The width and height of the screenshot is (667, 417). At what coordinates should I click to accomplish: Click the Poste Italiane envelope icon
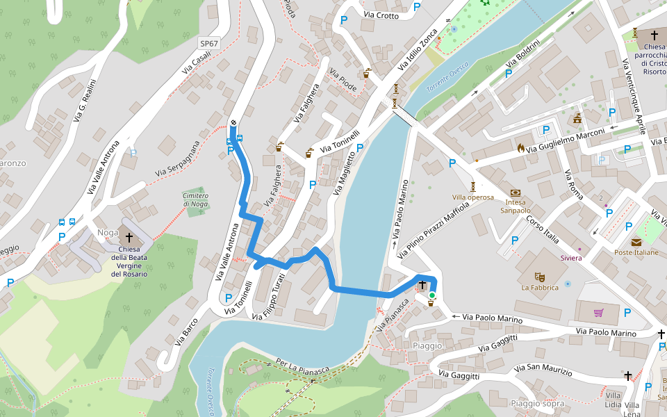(x=636, y=242)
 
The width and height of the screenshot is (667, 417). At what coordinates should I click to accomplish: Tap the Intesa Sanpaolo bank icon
(x=515, y=193)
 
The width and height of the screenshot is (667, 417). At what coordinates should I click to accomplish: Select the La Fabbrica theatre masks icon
(x=540, y=277)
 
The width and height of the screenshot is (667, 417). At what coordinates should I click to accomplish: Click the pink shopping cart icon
(x=598, y=312)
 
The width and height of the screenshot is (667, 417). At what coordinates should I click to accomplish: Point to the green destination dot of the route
(x=431, y=296)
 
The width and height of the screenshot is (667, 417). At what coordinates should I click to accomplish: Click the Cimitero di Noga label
(x=195, y=199)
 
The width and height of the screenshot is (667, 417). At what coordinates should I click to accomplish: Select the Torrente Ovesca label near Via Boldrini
(x=447, y=79)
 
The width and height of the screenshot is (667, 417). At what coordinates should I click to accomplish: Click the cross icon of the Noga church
(x=129, y=238)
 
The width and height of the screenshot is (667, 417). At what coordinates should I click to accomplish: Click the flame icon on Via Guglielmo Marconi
(x=521, y=147)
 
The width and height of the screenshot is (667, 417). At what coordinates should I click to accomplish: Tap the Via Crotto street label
(x=381, y=15)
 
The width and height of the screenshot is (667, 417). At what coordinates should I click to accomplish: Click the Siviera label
(x=571, y=258)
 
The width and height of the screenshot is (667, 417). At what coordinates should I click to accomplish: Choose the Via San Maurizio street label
(x=543, y=369)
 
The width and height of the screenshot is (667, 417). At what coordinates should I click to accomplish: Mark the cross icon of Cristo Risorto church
(x=654, y=35)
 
